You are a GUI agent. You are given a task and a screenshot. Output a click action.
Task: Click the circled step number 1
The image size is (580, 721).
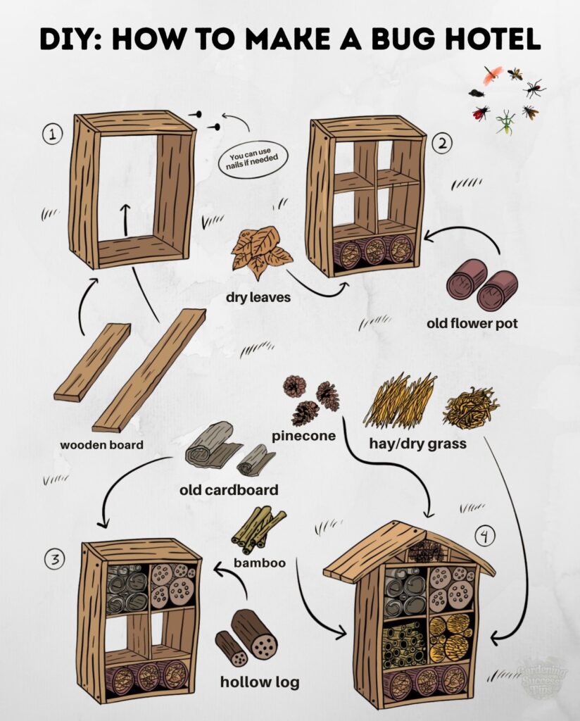(x=53, y=134)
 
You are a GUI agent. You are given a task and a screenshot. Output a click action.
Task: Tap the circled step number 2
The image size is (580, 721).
(x=442, y=144)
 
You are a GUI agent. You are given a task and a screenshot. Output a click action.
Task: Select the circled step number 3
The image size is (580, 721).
(x=54, y=560)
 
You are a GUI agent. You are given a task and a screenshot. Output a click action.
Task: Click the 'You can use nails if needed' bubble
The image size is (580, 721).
(x=252, y=159)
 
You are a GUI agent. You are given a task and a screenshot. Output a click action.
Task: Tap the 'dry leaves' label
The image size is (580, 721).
(x=258, y=298)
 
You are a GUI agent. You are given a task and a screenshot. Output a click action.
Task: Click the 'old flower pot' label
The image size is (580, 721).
(x=472, y=323)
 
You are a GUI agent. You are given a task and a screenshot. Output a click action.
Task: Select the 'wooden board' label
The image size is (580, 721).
(x=101, y=445)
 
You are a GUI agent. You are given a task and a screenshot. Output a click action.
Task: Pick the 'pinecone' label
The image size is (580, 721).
(x=304, y=436)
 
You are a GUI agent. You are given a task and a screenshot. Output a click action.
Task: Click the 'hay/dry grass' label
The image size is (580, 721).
(x=418, y=444)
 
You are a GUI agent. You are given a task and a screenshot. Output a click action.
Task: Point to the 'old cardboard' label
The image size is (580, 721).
(x=229, y=490)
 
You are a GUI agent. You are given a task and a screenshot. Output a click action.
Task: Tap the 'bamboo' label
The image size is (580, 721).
(x=260, y=563)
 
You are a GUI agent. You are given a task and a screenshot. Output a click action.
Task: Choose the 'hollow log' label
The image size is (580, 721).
(x=260, y=682)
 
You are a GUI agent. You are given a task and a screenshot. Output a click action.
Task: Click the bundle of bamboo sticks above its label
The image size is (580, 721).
(x=258, y=530)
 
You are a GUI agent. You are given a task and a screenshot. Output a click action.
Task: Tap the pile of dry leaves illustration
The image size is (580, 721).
(x=261, y=253)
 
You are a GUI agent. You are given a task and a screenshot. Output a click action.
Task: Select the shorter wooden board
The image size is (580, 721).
(x=92, y=363)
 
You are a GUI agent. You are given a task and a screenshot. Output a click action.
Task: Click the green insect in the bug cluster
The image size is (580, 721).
(x=505, y=122)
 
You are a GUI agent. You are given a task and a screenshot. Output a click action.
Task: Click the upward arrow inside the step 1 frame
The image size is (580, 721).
(x=125, y=220)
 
